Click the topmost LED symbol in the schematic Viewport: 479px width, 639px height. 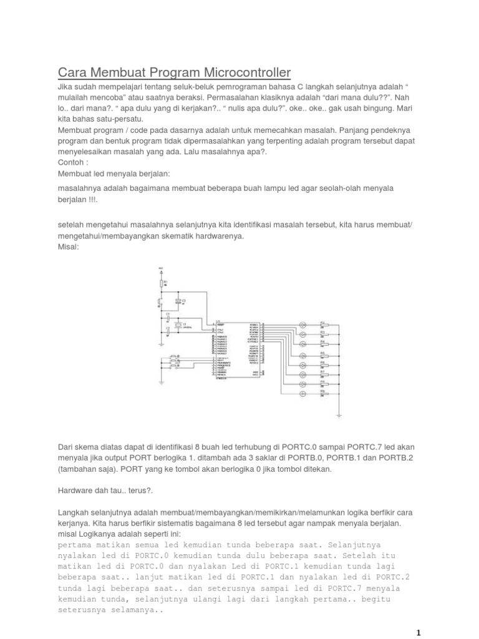pos(303,325)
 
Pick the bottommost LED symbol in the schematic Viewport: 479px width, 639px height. pos(303,394)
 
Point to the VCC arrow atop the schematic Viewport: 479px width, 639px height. pos(162,268)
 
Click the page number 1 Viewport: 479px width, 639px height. pos(419,632)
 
